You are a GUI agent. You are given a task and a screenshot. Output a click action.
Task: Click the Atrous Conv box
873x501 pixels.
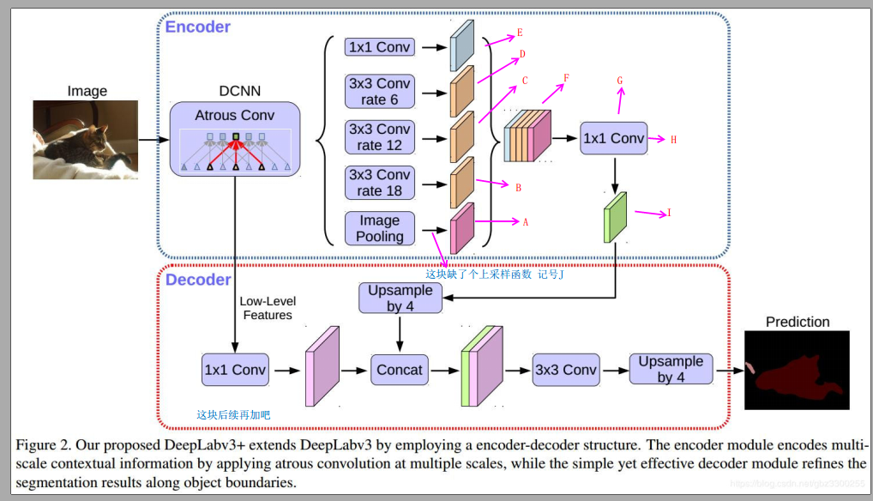pyautogui.click(x=235, y=139)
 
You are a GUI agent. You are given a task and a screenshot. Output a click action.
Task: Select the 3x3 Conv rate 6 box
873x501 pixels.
pyautogui.click(x=379, y=91)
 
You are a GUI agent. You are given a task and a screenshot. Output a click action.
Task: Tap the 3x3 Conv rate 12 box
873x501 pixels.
pyautogui.click(x=379, y=136)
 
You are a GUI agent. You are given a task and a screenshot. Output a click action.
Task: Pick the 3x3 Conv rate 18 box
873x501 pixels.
pyautogui.click(x=379, y=182)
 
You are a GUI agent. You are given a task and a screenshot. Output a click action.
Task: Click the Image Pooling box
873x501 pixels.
pyautogui.click(x=379, y=228)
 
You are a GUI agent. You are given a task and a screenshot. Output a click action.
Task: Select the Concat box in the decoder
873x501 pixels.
pyautogui.click(x=400, y=370)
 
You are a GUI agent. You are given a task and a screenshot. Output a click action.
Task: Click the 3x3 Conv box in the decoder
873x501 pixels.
pyautogui.click(x=565, y=370)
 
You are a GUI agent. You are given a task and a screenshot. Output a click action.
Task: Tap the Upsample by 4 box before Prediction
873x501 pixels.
pyautogui.click(x=671, y=369)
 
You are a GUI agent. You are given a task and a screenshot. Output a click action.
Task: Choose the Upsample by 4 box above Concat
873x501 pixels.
pyautogui.click(x=400, y=299)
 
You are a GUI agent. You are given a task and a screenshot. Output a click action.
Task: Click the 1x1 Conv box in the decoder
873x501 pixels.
pyautogui.click(x=235, y=370)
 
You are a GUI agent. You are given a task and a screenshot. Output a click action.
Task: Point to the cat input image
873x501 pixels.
pyautogui.click(x=85, y=140)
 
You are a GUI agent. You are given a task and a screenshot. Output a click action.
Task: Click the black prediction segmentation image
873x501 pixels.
pyautogui.click(x=796, y=370)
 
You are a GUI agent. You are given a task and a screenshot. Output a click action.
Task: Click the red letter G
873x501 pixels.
pyautogui.click(x=619, y=80)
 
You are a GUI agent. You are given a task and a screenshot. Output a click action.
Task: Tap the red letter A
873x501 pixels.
pyautogui.click(x=525, y=221)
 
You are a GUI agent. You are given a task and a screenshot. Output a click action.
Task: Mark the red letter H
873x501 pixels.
pyautogui.click(x=673, y=139)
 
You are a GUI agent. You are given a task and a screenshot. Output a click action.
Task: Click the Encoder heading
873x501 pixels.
pyautogui.click(x=197, y=27)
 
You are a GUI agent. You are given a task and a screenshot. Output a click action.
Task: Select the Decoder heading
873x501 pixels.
pyautogui.click(x=198, y=280)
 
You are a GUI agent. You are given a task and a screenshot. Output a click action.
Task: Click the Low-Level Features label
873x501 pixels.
pyautogui.click(x=267, y=308)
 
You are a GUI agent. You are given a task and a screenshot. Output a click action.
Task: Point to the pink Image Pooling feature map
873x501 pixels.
pyautogui.click(x=461, y=228)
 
